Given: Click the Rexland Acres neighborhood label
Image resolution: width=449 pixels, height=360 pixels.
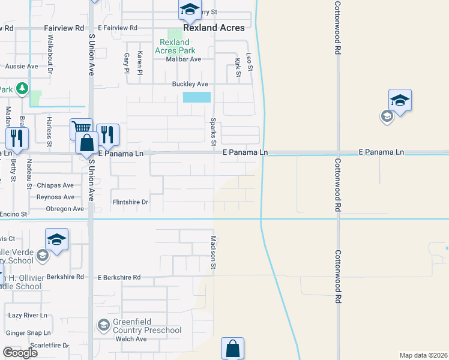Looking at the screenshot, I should pos(214,28).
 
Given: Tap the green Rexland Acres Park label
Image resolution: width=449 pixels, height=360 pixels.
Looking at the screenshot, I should pos(175,46).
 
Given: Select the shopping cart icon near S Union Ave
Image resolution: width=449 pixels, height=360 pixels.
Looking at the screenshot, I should pos(81,127).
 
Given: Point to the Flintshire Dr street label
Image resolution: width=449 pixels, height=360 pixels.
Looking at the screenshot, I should pos(130,202).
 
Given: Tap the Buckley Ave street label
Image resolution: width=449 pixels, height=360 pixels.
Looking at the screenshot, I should pos(190,84).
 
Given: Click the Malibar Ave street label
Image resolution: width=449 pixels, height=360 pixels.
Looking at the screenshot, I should pos(184,59).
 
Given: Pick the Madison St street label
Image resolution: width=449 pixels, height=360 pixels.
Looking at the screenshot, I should pos(212,252).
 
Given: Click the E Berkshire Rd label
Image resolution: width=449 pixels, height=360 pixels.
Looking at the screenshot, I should pos(119,278).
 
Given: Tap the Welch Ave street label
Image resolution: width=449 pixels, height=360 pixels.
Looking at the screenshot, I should pos(131,339).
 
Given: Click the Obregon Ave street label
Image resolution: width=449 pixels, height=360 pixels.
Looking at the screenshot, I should pos(65,209).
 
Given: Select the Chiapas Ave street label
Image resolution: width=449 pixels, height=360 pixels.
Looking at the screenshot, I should pos(55,185).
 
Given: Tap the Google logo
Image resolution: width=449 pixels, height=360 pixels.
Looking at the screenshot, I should pos(20,352).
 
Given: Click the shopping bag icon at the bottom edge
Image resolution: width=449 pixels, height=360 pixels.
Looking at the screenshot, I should pos(232,349).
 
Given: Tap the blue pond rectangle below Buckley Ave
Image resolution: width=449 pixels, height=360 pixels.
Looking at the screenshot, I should pos(197,97).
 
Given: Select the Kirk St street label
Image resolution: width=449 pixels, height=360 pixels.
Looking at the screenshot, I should pos(238,67).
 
